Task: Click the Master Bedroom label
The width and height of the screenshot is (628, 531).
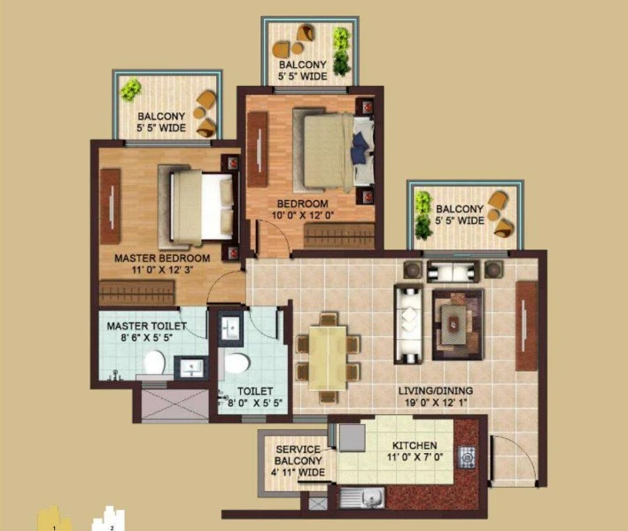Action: click(x=162, y=258)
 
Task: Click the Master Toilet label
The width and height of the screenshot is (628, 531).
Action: click(x=147, y=326)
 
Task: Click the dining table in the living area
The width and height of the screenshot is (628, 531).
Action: click(x=328, y=358)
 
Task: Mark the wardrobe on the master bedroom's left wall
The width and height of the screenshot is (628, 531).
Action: click(x=109, y=206)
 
